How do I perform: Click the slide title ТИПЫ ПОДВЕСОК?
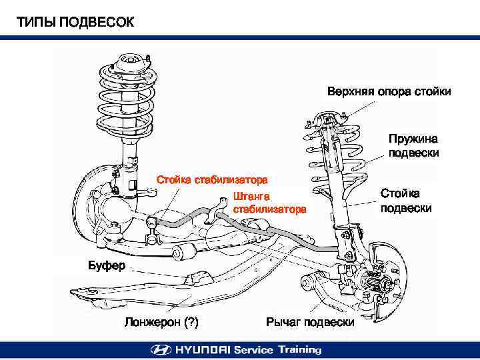pyautogui.click(x=75, y=23)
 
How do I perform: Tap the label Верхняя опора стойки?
pyautogui.click(x=389, y=91)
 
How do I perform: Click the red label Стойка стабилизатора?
pyautogui.click(x=212, y=179)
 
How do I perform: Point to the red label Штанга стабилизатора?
pyautogui.click(x=269, y=203)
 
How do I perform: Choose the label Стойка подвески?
pyautogui.click(x=405, y=200)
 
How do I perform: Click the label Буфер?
pyautogui.click(x=107, y=266)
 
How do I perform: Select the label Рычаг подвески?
pyautogui.click(x=310, y=323)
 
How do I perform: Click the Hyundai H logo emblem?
pyautogui.click(x=161, y=349)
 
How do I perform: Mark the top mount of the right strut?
pyautogui.click(x=327, y=121)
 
